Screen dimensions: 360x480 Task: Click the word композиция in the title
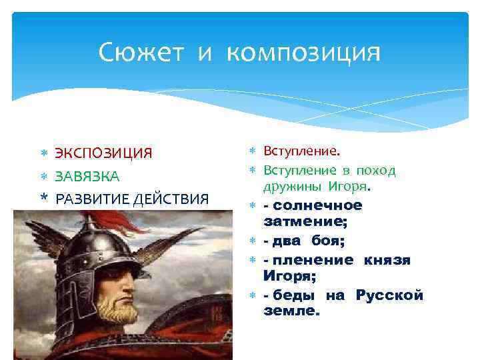point(304,53)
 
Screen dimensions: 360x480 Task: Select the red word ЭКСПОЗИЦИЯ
point(103,154)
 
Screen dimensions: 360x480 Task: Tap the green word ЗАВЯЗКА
point(87,177)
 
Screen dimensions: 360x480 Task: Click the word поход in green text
point(376,171)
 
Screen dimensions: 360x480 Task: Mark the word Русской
point(389,295)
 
